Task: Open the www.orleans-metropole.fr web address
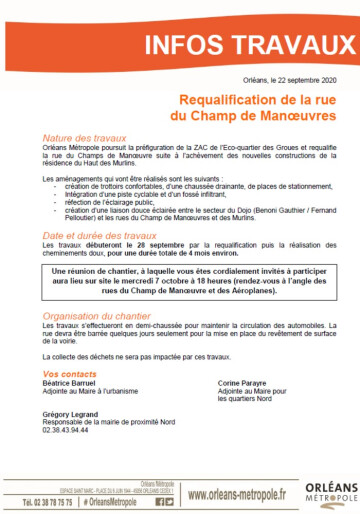click(x=237, y=493)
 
